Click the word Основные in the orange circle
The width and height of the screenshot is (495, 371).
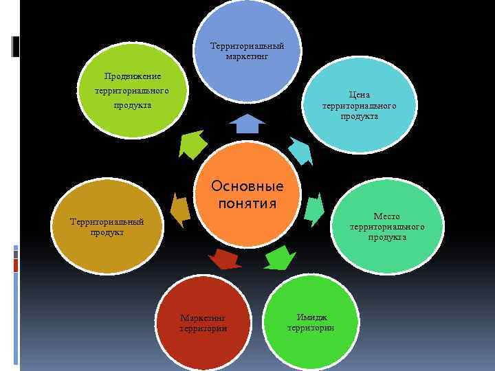[x=247, y=187]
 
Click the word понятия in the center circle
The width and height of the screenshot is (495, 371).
[x=247, y=203]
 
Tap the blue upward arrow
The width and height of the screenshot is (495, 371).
[x=247, y=124]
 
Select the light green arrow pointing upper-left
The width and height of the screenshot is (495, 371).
[x=192, y=144]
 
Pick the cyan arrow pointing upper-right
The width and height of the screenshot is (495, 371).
[x=300, y=150]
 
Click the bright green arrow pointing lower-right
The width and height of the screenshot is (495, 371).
[x=278, y=260]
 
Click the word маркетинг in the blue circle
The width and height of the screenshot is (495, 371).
[x=247, y=56]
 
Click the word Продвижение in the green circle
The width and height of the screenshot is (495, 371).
[x=133, y=76]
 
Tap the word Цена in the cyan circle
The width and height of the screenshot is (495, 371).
[x=360, y=95]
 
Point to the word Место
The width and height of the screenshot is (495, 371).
[x=386, y=216]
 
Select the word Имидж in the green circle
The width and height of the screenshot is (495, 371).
[x=311, y=317]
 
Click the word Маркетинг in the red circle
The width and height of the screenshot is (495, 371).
[x=203, y=318]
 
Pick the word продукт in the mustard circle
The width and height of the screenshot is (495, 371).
[x=107, y=232]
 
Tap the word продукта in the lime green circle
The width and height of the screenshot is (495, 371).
[x=133, y=106]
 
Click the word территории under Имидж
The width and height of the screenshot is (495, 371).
[x=311, y=328]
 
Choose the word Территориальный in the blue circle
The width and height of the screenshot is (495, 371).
[x=247, y=46]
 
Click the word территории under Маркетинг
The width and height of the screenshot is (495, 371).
[x=203, y=328]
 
